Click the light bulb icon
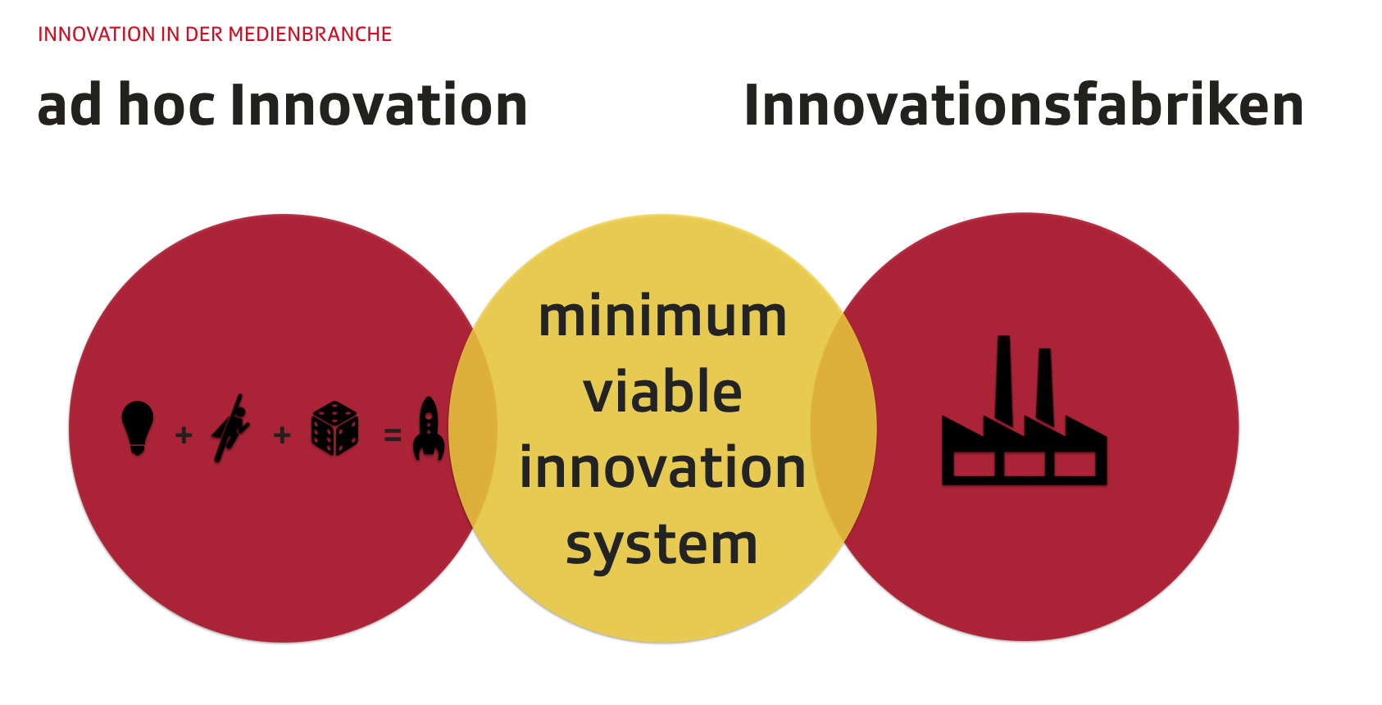(137, 428)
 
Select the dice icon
(335, 429)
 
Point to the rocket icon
(429, 428)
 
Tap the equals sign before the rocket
(393, 435)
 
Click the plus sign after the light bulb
(184, 435)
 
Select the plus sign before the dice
(282, 435)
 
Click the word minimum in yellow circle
(662, 317)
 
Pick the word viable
(662, 391)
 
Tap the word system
(661, 545)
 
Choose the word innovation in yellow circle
(662, 467)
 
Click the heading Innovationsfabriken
(1024, 105)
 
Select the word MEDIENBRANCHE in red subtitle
(310, 34)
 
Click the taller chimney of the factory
(1003, 377)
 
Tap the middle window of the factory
(1024, 465)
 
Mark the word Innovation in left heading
(379, 105)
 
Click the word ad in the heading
(69, 105)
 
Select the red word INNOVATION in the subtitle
(98, 34)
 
